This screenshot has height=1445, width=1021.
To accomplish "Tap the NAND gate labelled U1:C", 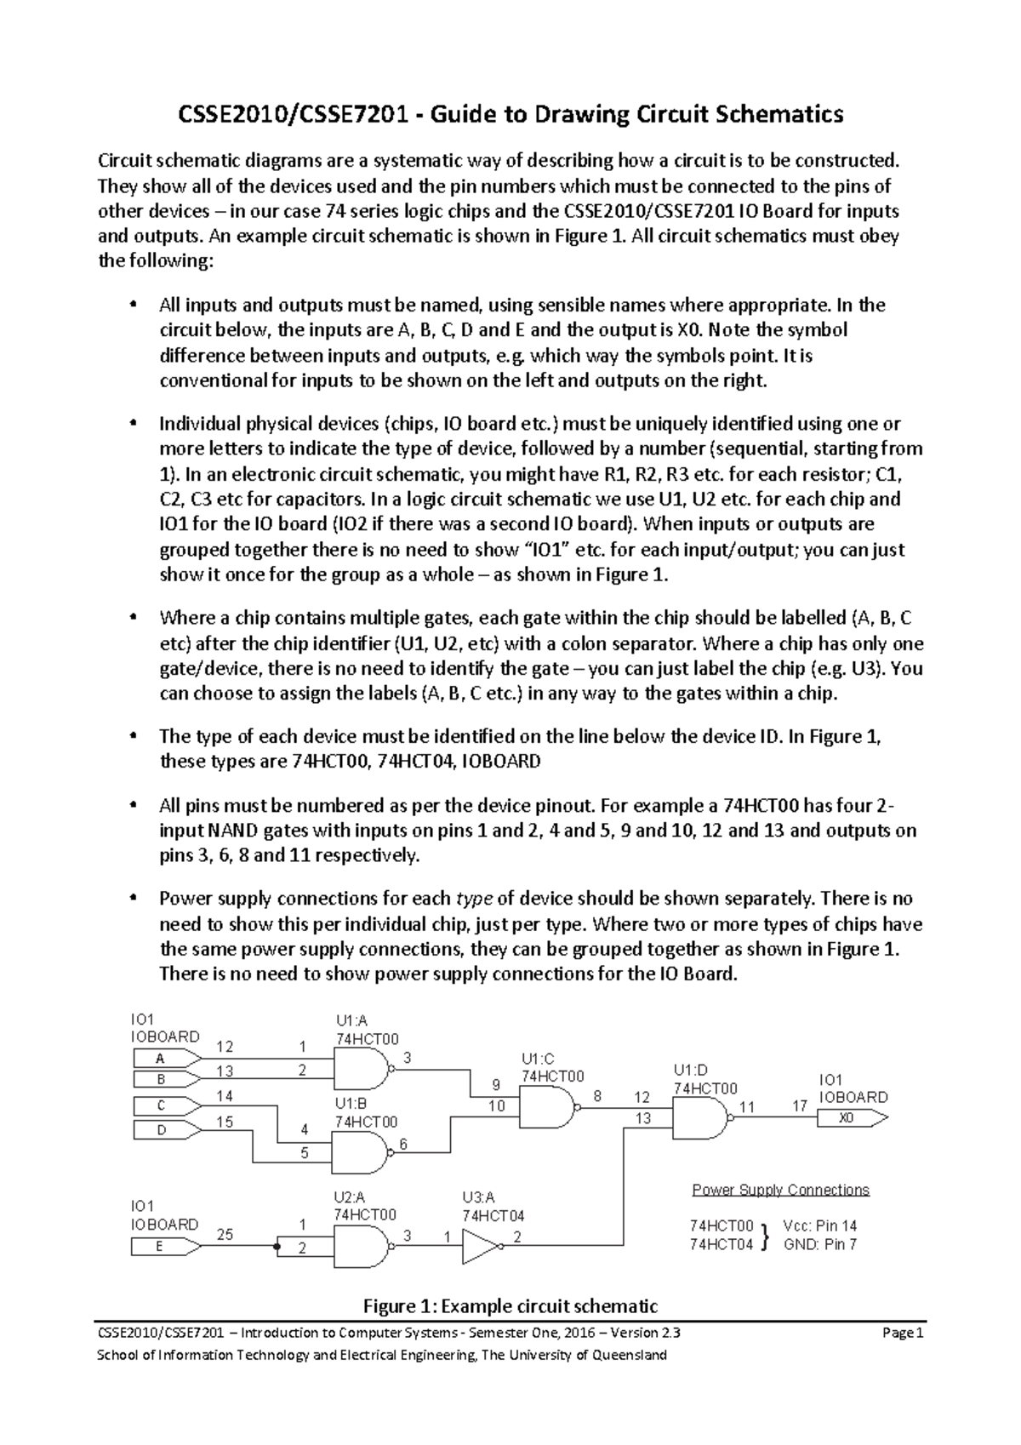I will (x=545, y=1108).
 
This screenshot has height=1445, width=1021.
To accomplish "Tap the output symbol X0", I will (x=851, y=1118).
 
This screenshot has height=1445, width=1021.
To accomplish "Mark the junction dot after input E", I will (x=277, y=1247).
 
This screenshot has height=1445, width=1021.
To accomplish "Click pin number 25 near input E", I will (x=225, y=1234).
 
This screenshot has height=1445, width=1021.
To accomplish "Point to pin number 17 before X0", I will (x=799, y=1106).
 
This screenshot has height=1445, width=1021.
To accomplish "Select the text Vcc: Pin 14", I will (x=819, y=1225).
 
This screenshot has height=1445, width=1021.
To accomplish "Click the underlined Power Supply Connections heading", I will (x=780, y=1190).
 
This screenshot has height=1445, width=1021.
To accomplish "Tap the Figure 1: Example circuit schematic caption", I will (x=510, y=1306).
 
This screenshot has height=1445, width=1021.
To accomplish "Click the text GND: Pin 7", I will (x=819, y=1244).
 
